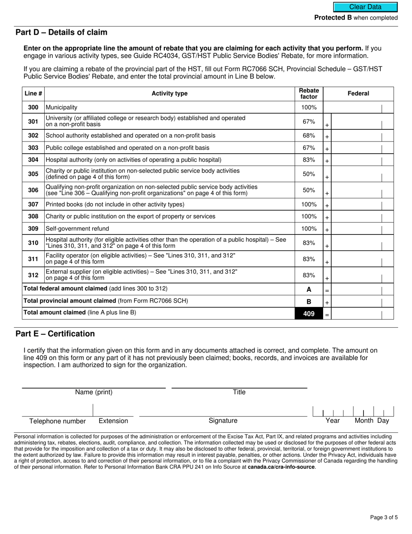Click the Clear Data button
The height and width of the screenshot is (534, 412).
pos(365,7)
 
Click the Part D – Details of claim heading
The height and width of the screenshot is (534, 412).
pos(61,33)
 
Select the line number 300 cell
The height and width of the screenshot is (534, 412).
pos(33,107)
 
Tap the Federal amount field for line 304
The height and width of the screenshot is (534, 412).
pos(356,160)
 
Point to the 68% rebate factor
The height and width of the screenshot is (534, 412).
pos(309,136)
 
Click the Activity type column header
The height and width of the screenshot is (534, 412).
pos(170,94)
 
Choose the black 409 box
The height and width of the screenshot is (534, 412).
pos(309,313)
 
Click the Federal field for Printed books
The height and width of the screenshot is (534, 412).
pos(356,205)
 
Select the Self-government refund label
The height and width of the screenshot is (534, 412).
pos(77,229)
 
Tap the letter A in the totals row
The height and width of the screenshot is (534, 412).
pos(309,290)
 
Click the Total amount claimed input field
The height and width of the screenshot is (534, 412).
pos(356,313)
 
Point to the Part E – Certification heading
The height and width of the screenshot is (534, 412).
pos(55,334)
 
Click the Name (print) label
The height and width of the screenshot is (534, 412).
pos(94,392)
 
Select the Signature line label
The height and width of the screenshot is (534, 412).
pos(223,421)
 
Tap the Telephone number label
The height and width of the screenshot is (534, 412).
pos(57,421)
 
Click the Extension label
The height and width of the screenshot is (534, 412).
pos(113,421)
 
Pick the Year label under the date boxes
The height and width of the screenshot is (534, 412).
pos(333,421)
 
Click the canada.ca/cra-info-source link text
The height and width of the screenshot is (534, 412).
pos(281,467)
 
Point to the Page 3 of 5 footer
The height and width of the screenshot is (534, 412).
pos(384,518)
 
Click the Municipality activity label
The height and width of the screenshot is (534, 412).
pos(62,107)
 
